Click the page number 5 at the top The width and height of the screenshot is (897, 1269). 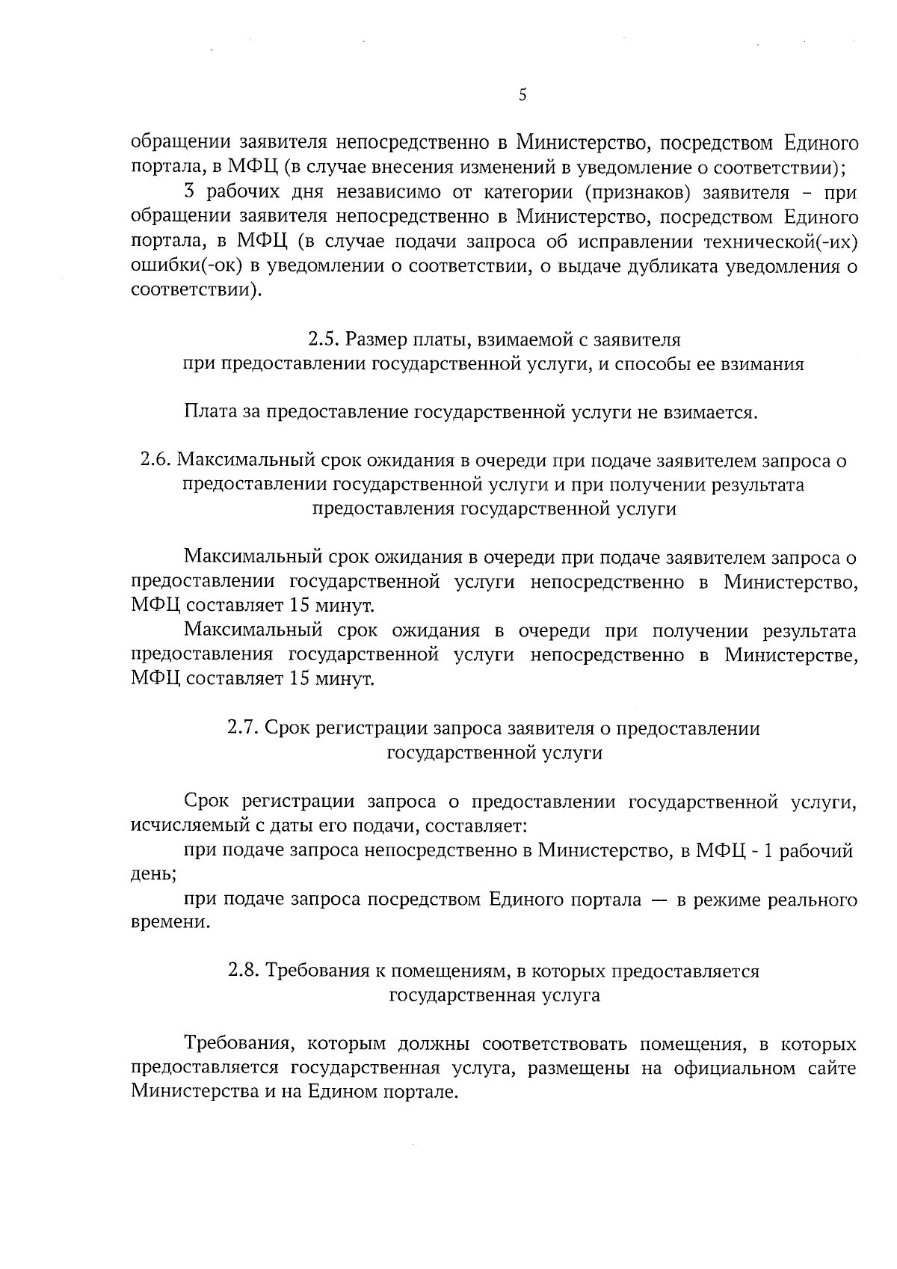tap(523, 95)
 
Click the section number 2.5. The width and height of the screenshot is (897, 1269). tap(324, 340)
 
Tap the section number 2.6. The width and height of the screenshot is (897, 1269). tap(155, 461)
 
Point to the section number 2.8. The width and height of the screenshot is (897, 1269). tap(244, 971)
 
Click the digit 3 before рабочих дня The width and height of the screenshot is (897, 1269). tap(190, 193)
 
